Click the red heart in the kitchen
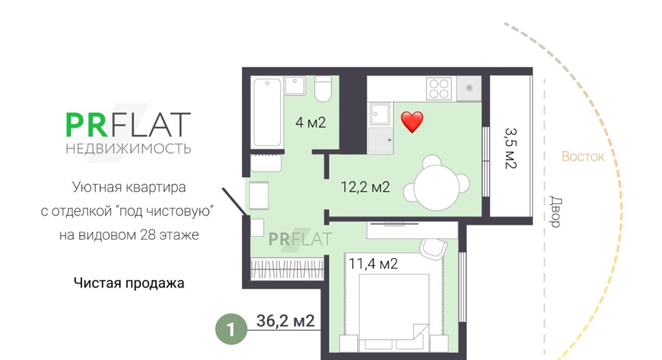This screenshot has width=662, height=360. [412, 122]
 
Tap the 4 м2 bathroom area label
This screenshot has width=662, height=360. [311, 122]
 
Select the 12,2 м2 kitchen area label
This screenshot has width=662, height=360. [365, 187]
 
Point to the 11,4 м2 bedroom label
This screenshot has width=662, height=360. [373, 264]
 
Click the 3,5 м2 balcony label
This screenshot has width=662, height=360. [511, 148]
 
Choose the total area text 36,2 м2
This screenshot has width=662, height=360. [285, 321]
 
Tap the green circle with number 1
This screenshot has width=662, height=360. [231, 329]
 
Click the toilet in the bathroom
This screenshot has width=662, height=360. [323, 89]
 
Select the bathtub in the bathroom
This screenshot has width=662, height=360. [267, 112]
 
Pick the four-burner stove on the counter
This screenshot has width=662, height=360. [439, 89]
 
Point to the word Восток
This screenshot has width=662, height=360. [582, 156]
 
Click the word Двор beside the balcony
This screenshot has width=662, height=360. [555, 212]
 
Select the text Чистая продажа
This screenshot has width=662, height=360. [129, 282]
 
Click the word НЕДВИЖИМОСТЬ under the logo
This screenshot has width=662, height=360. [129, 149]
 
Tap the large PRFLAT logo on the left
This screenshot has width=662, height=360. [129, 125]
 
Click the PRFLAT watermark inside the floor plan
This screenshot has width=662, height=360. [300, 239]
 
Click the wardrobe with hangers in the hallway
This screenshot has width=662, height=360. [287, 269]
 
